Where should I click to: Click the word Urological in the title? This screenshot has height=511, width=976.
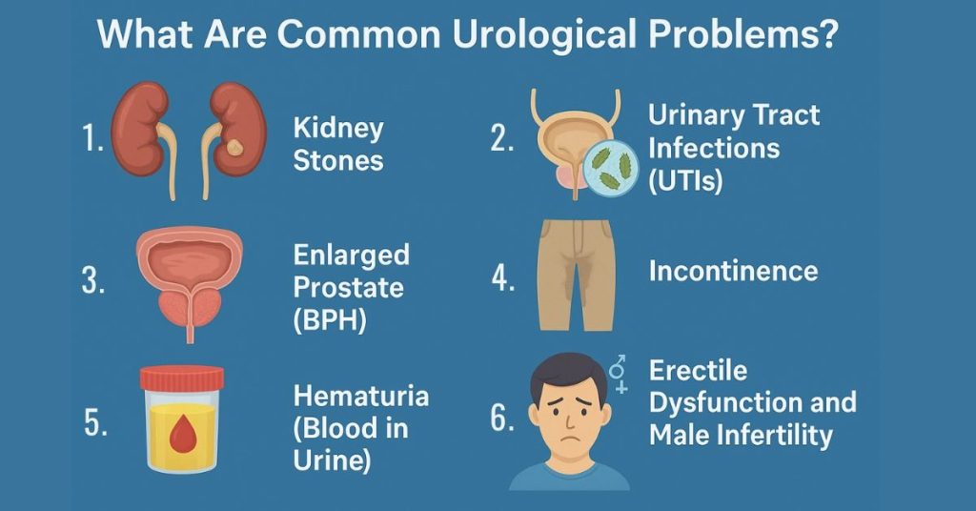tap(544, 34)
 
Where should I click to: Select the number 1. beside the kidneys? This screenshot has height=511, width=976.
tap(92, 137)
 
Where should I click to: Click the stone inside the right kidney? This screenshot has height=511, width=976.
tap(234, 147)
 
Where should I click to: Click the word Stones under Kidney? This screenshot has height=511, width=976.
tap(338, 160)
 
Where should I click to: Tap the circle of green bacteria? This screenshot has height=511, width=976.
tap(610, 169)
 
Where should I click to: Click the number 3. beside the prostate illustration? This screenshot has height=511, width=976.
tap(93, 281)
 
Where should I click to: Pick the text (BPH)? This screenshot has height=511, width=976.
tap(329, 320)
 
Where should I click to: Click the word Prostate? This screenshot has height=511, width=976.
tap(348, 288)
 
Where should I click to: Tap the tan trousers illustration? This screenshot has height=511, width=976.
tap(577, 275)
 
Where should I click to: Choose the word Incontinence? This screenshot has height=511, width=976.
tap(733, 271)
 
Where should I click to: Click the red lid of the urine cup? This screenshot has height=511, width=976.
tap(182, 378)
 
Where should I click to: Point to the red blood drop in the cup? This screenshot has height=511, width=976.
tap(182, 433)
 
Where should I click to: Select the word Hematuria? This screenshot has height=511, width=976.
tap(361, 396)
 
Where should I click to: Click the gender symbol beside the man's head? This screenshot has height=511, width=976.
tap(618, 374)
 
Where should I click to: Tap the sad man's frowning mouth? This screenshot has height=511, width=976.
tap(568, 437)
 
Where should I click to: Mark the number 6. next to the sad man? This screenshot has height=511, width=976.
tap(501, 418)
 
